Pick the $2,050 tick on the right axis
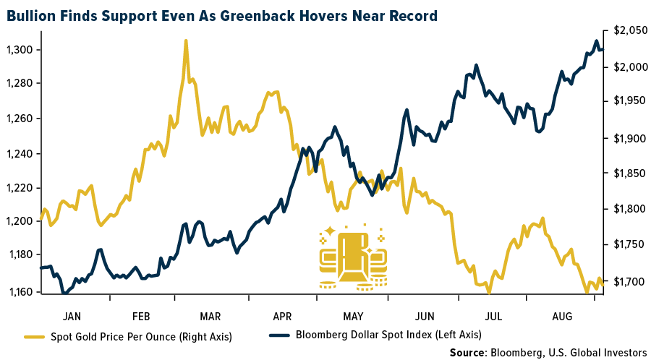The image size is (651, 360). pos(626,30)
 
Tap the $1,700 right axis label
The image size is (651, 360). pos(626,281)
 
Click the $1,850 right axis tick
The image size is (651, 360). pos(626,173)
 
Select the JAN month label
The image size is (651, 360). pos(72,316)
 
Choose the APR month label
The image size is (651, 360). pos(283,316)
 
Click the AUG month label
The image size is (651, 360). pos(562,316)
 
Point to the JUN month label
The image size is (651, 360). pos(424,316)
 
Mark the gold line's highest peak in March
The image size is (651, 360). pos(186,41)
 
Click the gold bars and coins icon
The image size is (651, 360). pos(353,257)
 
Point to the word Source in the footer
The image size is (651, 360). pos(467,351)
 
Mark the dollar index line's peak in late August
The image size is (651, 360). pos(596,40)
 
